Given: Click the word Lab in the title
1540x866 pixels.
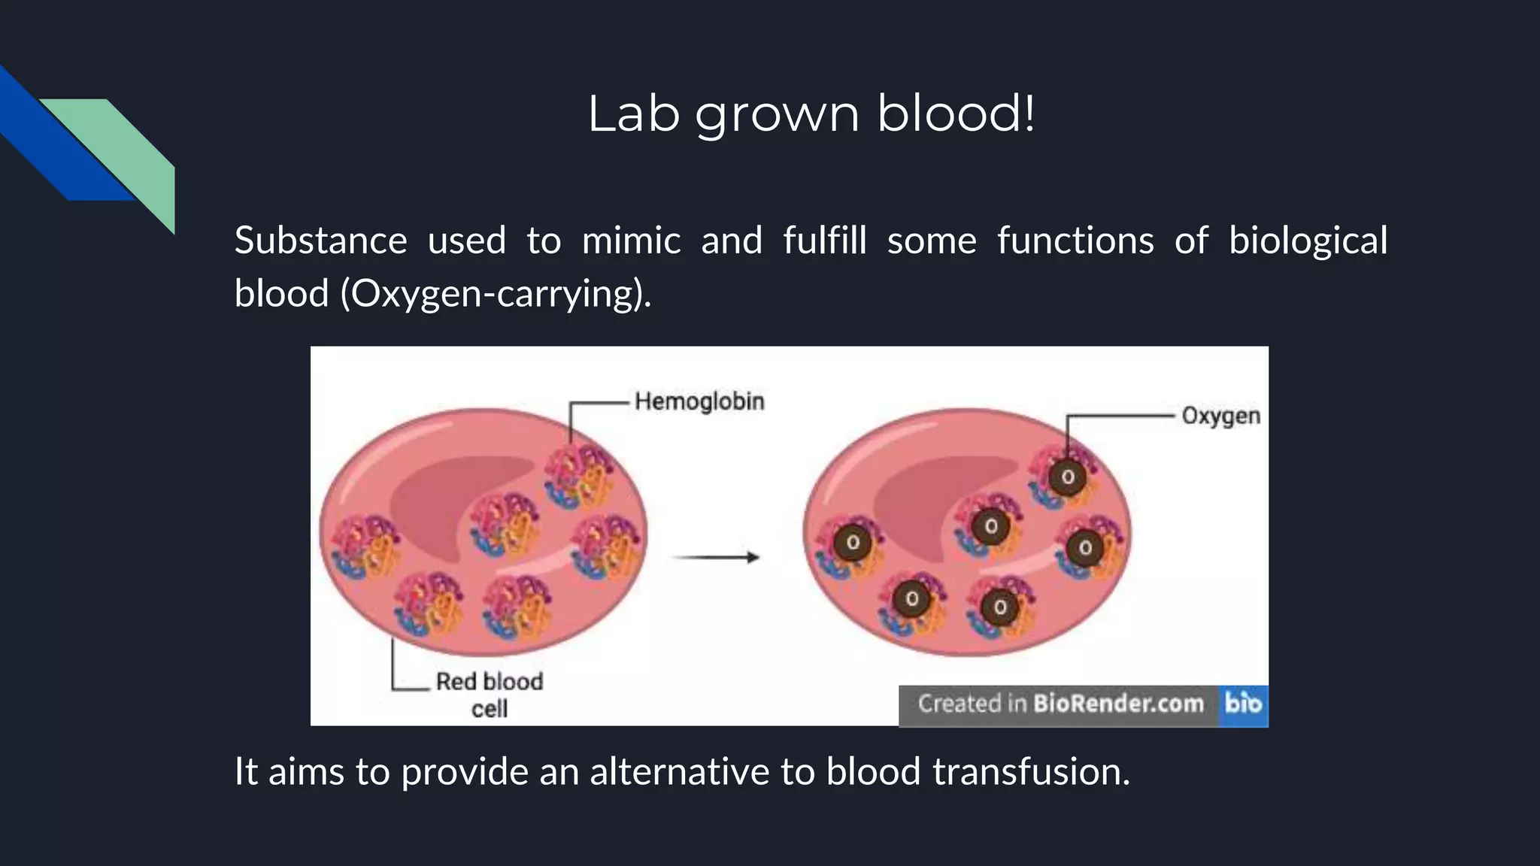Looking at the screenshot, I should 633,114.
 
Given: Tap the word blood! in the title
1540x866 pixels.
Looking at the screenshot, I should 956,114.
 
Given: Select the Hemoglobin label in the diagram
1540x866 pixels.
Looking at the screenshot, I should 699,401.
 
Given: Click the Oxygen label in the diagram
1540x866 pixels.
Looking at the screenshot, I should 1220,416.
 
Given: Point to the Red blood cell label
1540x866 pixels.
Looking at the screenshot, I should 490,694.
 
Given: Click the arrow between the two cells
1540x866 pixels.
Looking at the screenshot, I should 715,557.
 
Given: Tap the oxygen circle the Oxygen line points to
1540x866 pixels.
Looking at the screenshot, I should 1068,477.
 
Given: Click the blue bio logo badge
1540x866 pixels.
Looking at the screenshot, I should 1243,704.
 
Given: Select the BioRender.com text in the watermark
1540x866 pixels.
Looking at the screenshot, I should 1118,704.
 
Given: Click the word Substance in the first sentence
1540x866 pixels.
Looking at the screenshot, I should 320,241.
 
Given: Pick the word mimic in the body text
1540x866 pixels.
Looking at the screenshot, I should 631,241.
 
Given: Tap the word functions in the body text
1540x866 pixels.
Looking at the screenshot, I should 1075,241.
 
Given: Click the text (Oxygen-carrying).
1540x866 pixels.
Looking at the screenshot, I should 496,293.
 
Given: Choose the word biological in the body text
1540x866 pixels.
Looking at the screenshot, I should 1308,241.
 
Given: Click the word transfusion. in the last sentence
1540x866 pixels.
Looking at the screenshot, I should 1031,771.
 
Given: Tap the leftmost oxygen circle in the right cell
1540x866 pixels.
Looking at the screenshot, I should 853,543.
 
